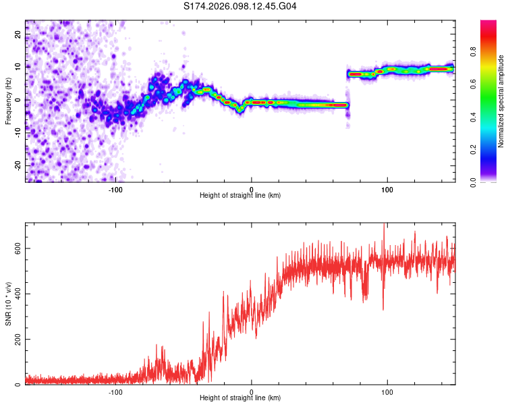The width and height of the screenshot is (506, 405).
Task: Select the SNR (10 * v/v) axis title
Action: click(8, 303)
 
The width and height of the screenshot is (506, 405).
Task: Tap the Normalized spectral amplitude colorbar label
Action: click(501, 101)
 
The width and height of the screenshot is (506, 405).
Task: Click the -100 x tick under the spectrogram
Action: click(115, 189)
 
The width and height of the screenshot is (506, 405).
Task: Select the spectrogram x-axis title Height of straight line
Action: click(240, 196)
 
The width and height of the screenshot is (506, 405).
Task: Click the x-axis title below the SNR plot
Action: click(240, 398)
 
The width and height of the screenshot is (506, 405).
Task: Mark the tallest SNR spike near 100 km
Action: click(384, 225)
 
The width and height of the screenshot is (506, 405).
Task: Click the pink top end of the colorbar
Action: click(488, 24)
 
